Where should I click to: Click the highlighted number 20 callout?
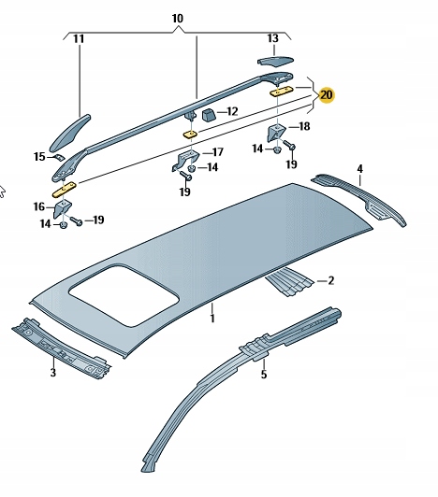click(x=326, y=95)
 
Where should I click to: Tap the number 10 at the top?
click(x=178, y=19)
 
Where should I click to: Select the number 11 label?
click(x=79, y=39)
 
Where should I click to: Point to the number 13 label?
click(x=272, y=38)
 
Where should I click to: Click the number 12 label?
click(x=231, y=111)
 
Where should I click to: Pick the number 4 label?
click(x=358, y=168)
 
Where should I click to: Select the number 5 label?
click(x=263, y=375)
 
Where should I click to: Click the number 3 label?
click(x=52, y=373)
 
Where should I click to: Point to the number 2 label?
click(x=329, y=279)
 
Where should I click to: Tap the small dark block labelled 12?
click(x=208, y=114)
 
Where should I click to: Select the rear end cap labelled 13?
click(x=274, y=61)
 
